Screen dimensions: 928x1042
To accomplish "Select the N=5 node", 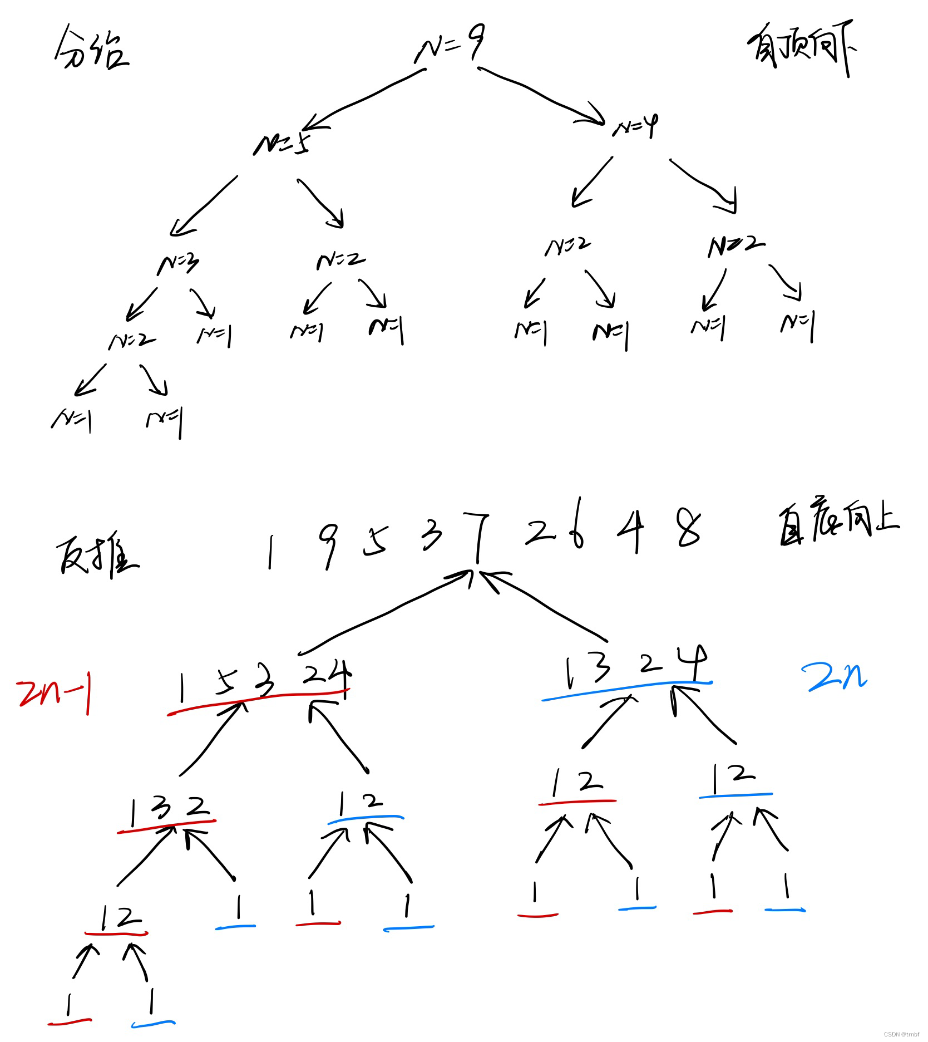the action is (x=281, y=145).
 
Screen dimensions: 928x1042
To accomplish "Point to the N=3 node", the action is (x=178, y=264).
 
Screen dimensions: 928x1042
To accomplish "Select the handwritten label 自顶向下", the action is (x=801, y=53).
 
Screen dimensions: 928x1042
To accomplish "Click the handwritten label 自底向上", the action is (x=837, y=526).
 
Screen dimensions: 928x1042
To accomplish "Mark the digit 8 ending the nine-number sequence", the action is (x=689, y=529).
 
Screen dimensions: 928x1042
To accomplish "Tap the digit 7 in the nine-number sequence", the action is (x=477, y=537).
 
